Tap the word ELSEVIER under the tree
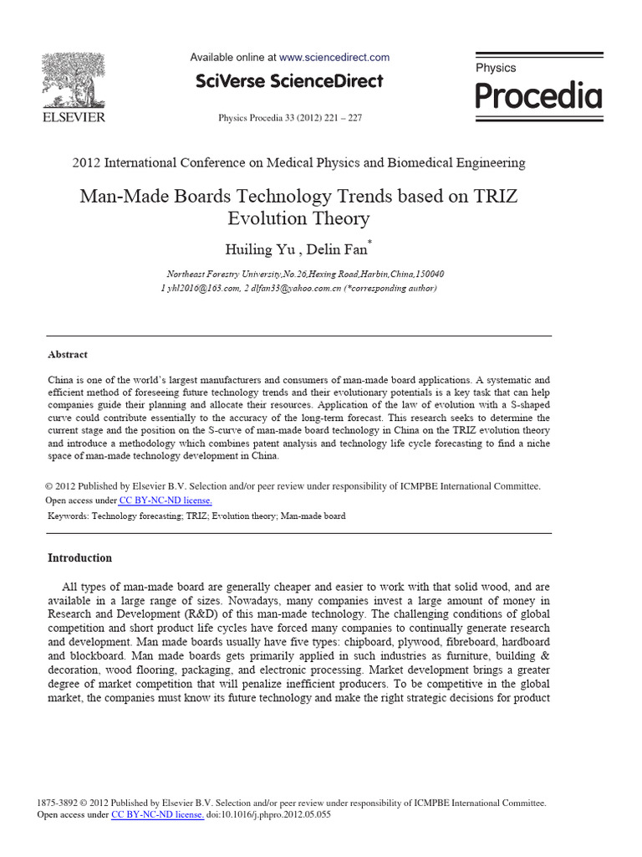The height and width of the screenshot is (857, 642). [74, 118]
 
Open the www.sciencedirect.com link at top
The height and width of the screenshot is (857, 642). [334, 58]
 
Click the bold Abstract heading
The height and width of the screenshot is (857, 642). [68, 355]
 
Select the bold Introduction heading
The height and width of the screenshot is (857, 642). [80, 558]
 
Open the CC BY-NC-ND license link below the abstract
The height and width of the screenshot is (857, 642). [166, 500]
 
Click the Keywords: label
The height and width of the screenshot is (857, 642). [69, 516]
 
